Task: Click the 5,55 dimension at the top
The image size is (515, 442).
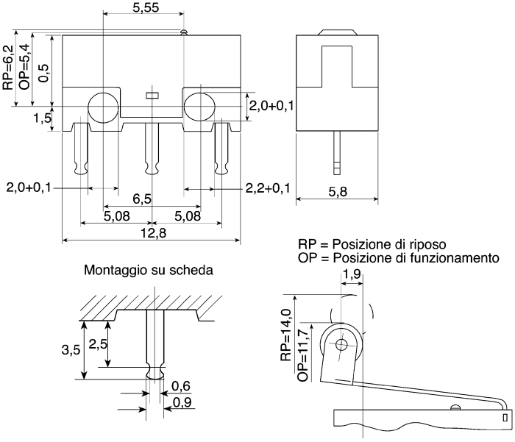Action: (146, 7)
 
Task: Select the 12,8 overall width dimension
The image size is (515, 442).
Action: (153, 233)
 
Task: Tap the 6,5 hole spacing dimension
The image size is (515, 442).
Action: (142, 199)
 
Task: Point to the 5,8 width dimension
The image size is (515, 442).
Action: (338, 191)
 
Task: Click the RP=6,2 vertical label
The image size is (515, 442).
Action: (8, 68)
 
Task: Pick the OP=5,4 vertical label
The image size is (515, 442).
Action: (24, 67)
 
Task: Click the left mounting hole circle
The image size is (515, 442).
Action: (103, 107)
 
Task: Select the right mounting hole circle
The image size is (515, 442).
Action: (199, 107)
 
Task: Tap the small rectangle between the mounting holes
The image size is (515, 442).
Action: (152, 96)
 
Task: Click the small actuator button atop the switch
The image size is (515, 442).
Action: (184, 32)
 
